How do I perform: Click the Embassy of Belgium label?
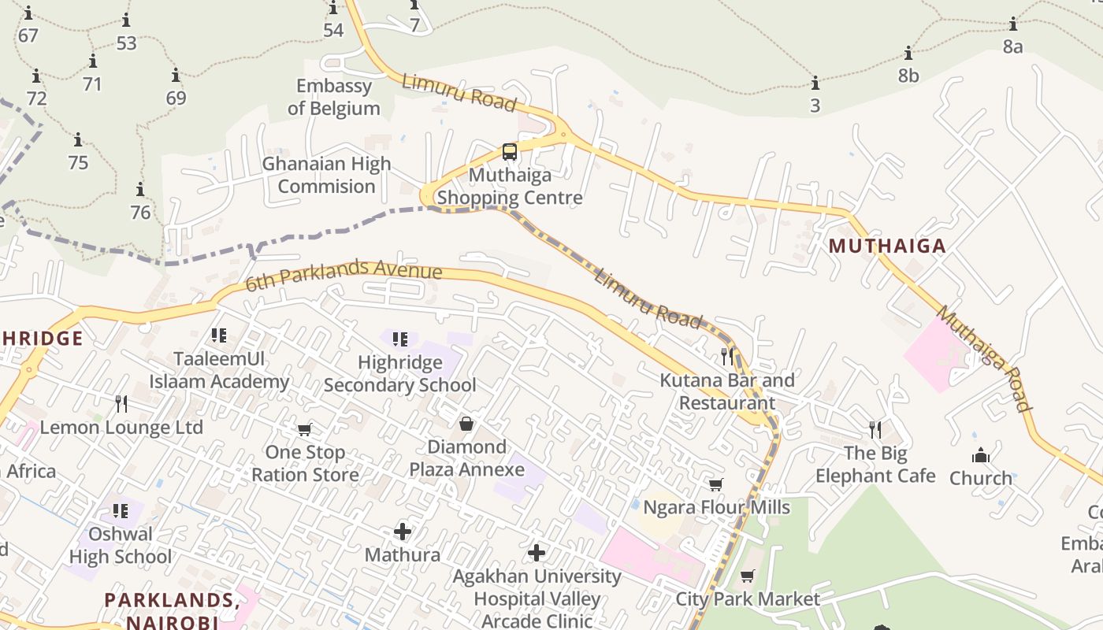(x=333, y=97)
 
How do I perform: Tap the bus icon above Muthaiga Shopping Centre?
(x=510, y=151)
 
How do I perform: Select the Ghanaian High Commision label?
(x=326, y=175)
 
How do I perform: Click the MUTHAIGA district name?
(x=887, y=246)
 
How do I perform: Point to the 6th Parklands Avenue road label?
(x=344, y=276)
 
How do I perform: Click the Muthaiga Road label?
(x=983, y=358)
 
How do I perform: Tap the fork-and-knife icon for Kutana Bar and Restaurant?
(x=727, y=356)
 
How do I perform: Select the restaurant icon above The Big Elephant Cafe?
(x=875, y=429)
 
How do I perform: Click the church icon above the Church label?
(x=980, y=455)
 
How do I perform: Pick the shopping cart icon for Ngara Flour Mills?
(x=716, y=484)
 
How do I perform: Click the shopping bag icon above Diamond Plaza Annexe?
(x=466, y=424)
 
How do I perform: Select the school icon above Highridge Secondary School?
(x=399, y=339)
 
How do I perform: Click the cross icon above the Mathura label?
(x=403, y=532)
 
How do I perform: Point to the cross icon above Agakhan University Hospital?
(x=537, y=553)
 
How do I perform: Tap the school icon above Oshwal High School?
(x=120, y=511)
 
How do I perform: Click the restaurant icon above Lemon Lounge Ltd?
(x=121, y=404)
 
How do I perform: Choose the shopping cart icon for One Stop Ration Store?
(x=305, y=429)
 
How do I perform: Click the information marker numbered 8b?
(x=908, y=54)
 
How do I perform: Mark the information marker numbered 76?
(x=140, y=190)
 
